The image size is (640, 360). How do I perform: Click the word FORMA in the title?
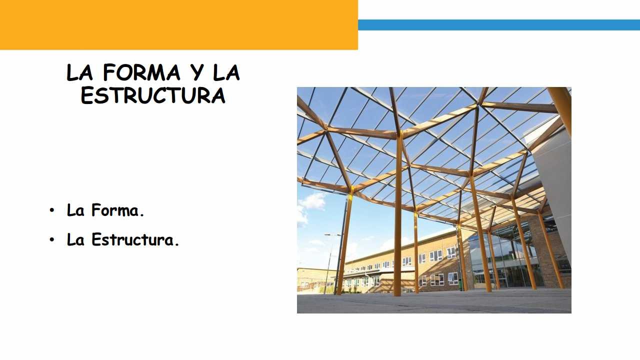[x=141, y=72]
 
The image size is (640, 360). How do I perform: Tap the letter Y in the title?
[x=197, y=72]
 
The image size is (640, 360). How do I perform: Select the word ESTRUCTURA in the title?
[x=153, y=95]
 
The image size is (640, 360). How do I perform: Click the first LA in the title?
[x=79, y=72]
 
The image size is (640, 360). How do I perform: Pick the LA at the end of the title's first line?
[x=226, y=72]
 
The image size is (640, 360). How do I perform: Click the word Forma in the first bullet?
[x=115, y=210]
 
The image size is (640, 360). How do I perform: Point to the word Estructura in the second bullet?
[x=132, y=239]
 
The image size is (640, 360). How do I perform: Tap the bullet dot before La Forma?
[x=51, y=210]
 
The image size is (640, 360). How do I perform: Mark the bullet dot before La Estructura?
[x=51, y=239]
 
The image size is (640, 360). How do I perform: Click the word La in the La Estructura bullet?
[x=75, y=239]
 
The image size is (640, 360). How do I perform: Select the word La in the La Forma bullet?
[x=75, y=210]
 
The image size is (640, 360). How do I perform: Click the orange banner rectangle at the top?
[x=179, y=25]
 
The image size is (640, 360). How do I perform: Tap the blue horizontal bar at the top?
[x=499, y=25]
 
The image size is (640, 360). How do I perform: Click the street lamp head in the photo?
[x=332, y=234]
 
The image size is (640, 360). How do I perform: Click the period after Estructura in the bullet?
[x=176, y=244]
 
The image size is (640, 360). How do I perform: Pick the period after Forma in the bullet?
[x=141, y=215]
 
